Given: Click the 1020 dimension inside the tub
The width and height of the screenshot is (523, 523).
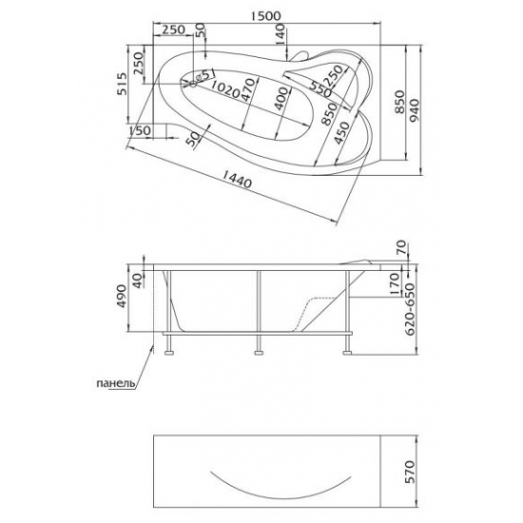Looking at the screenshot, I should click(224, 90).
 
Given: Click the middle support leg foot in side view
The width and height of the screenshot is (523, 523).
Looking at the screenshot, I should click(258, 356).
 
